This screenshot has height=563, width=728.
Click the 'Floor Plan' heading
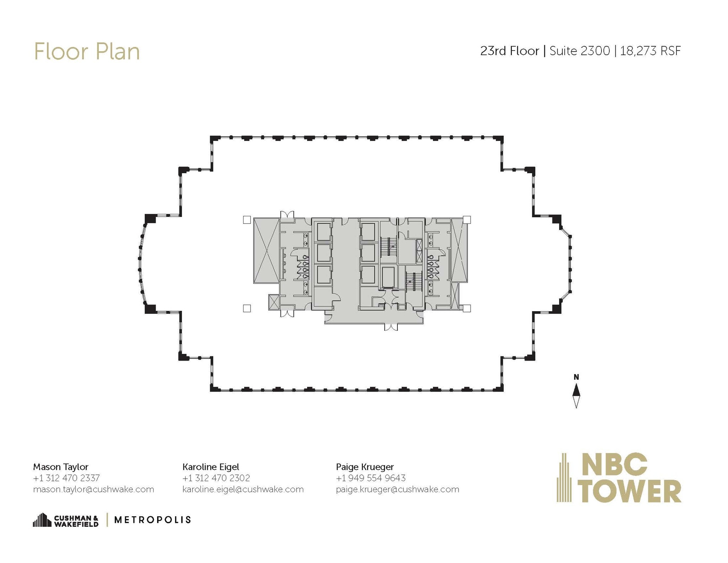87,52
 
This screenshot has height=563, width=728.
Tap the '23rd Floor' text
509,51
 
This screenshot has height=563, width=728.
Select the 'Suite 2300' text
579,51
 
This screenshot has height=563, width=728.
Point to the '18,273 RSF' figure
650,51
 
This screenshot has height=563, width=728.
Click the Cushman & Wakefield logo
66,520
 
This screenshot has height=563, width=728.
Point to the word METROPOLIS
152,520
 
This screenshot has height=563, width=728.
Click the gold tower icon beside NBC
564,478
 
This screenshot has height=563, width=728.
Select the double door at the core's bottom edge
391,327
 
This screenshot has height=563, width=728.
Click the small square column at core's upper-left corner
247,220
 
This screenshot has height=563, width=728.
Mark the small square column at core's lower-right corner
467,308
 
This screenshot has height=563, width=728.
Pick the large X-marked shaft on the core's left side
266,251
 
